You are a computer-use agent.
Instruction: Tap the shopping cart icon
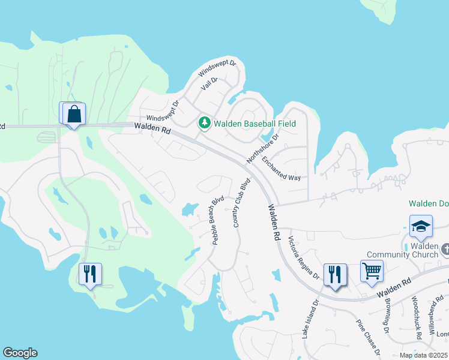click(x=372, y=271)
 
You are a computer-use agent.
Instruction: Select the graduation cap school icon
click(x=421, y=226)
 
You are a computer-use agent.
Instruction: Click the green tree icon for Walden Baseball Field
click(x=205, y=123)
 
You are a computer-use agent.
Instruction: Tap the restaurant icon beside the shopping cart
click(x=334, y=274)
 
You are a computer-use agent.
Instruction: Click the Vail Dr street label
click(x=209, y=84)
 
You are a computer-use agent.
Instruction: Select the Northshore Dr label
click(x=264, y=149)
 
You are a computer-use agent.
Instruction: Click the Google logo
click(x=20, y=353)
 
